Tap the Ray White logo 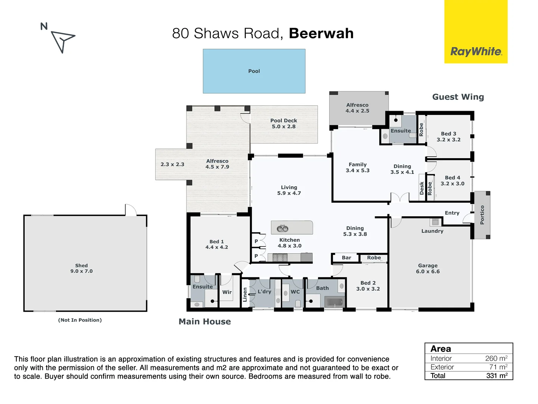coord(476,51)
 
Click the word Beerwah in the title coord(321,33)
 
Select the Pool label coord(254,71)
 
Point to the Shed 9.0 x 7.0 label coord(81,268)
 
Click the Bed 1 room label coord(217,244)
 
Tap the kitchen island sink coord(282,228)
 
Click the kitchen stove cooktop coord(280,257)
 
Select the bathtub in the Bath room coord(334,302)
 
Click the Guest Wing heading coord(458,97)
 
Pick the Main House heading coord(205,322)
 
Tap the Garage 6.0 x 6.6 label coord(428,268)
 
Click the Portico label coord(482,215)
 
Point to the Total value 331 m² coord(497,376)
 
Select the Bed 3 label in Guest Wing coord(448,137)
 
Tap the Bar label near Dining coord(346,258)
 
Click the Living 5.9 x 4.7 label coord(289,190)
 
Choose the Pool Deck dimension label coord(284,123)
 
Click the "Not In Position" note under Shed coord(80,320)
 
